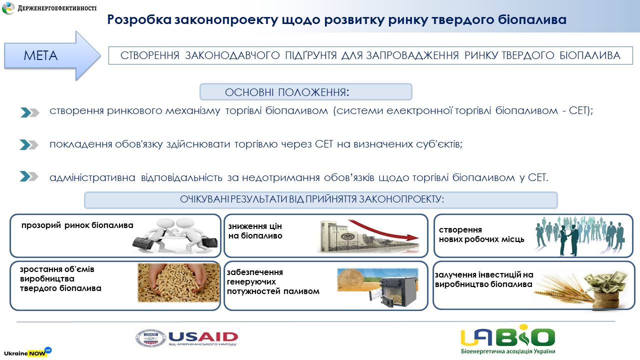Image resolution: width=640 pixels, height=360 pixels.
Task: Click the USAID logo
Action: click(186, 338)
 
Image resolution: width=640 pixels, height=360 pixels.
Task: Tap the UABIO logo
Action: click(507, 339)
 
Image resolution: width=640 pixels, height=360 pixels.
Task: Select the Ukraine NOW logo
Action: click(27, 352)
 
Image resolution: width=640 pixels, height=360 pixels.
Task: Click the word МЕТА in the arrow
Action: click(40, 55)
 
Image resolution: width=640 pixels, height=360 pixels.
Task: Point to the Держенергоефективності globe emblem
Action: click(8, 8)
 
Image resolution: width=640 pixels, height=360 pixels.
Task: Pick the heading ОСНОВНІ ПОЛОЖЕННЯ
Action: click(287, 92)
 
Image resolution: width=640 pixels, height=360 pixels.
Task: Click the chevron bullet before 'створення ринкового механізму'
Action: click(29, 112)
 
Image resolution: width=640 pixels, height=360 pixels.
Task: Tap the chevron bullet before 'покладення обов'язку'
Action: click(29, 145)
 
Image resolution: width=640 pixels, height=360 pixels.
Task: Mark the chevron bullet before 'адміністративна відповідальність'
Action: click(29, 176)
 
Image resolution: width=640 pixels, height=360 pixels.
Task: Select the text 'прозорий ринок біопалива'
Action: click(77, 225)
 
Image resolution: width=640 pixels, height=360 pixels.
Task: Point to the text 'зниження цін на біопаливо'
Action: click(255, 231)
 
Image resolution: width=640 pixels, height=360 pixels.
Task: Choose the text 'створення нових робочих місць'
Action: click(481, 234)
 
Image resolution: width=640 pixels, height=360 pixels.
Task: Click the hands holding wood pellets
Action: click(178, 282)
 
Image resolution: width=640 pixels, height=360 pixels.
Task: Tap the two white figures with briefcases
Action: click(175, 235)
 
